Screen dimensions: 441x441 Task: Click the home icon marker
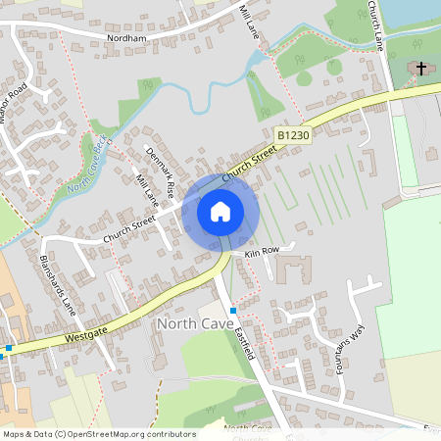tap(220, 211)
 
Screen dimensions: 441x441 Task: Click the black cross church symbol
tap(421, 69)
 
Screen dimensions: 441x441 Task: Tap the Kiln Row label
tap(263, 251)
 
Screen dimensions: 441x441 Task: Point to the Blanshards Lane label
tap(57, 284)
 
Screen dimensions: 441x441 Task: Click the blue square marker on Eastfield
tap(233, 310)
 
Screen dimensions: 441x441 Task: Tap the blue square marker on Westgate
tap(8, 348)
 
